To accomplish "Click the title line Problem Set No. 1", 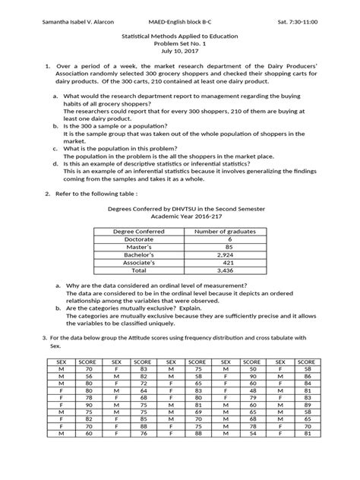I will tap(179, 55).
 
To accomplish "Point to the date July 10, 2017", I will tap(179, 63).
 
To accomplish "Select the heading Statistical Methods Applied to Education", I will tap(179, 46).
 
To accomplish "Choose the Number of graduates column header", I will tap(226, 231).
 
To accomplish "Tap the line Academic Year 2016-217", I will tap(179, 213).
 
